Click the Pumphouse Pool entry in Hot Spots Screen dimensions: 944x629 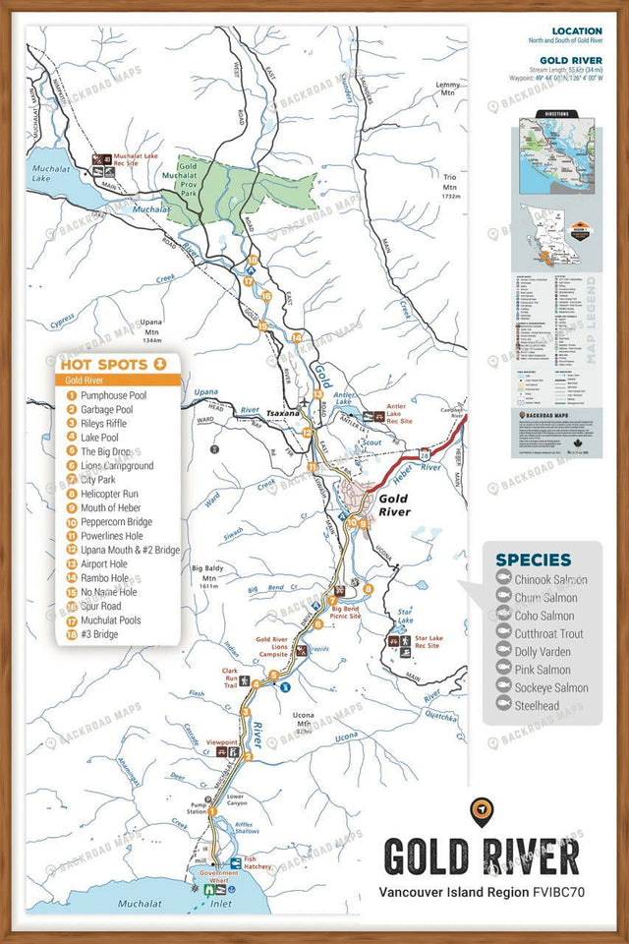[113, 394]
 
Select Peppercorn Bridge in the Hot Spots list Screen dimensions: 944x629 [116, 522]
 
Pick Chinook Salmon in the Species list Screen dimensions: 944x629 [550, 580]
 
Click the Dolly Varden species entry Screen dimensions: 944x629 [543, 652]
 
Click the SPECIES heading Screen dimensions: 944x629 [533, 560]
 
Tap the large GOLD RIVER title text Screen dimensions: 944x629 [481, 856]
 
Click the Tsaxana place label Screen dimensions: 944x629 [282, 413]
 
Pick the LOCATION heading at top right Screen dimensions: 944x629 [577, 31]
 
